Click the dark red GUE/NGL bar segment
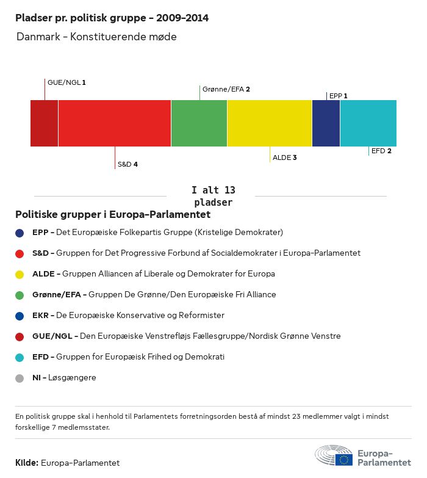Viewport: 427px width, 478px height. (44, 123)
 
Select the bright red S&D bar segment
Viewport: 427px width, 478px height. (114, 123)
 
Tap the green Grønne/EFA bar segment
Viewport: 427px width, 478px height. (199, 123)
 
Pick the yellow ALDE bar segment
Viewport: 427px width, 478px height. (270, 123)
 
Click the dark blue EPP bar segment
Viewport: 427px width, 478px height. (326, 123)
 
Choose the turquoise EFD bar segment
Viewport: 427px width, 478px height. (368, 123)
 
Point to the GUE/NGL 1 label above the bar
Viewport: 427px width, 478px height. (66, 82)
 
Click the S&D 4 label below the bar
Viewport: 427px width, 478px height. (127, 165)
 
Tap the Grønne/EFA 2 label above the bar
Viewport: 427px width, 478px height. (226, 89)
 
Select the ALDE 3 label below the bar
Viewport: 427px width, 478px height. (285, 158)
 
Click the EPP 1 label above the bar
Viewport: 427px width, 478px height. (339, 96)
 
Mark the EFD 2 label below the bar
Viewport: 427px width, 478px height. (381, 151)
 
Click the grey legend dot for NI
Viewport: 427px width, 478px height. (20, 378)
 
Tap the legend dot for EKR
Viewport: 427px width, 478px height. (20, 316)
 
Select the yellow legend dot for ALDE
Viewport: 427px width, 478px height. (20, 274)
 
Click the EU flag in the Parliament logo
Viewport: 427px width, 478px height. (344, 460)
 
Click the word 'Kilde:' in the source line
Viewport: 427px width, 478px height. (27, 463)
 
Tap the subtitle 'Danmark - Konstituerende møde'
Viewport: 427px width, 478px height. (96, 37)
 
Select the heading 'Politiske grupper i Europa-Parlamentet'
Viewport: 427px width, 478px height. (113, 215)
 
